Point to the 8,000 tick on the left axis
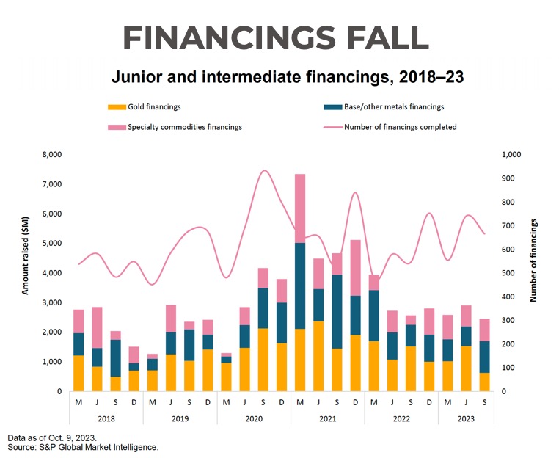click(51, 155)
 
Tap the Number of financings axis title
click(533, 260)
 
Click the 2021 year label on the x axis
click(327, 420)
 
